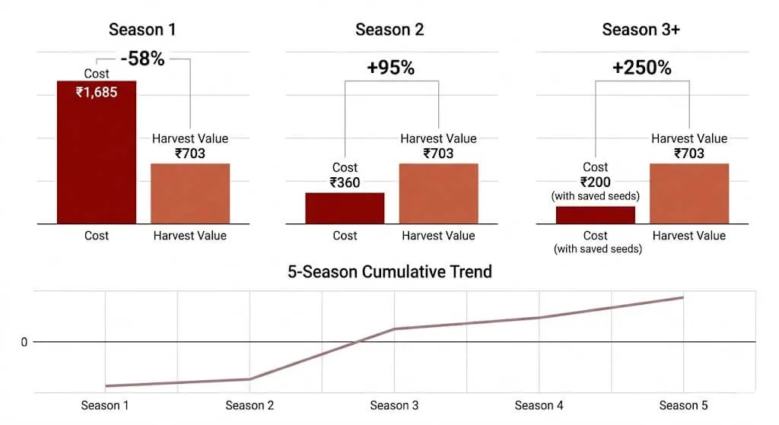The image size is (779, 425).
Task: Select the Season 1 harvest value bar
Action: coord(190,193)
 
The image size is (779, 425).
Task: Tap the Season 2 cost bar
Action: coord(345,208)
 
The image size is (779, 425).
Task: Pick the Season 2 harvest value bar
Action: coord(438,193)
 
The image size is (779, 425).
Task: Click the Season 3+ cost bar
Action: coord(595,214)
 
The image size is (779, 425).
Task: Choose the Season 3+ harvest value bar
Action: coord(688,193)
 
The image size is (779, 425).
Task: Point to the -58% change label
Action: coord(142,59)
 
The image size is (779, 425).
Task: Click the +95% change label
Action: coord(390,68)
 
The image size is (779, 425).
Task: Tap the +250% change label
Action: coord(641,68)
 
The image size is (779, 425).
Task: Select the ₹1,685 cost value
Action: coord(97,92)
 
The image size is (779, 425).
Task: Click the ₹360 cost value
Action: coord(345,182)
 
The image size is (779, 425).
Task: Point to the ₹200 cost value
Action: coord(595,182)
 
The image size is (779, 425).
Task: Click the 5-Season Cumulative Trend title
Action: coord(389,271)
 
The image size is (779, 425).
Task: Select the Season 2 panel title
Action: coord(389,30)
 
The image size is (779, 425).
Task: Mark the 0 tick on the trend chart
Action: coord(24,342)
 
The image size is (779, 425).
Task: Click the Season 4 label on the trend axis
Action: coord(539,405)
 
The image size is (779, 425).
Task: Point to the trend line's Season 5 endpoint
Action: coord(683,297)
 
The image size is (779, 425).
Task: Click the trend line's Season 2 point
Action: coord(250,379)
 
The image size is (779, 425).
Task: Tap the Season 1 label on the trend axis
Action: coord(105,405)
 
